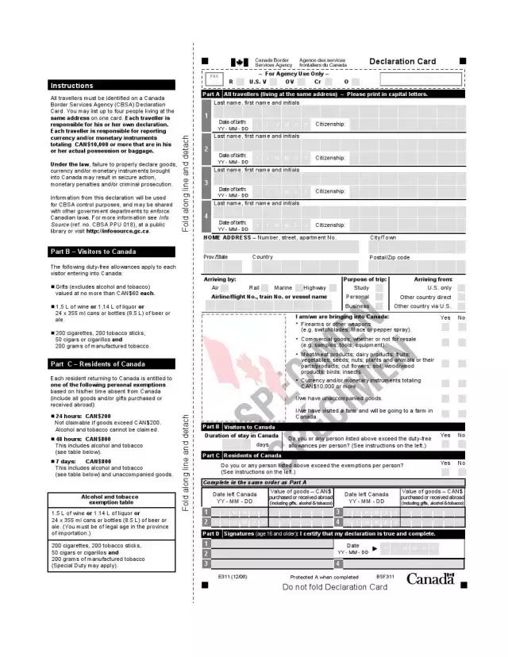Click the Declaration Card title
click(402, 61)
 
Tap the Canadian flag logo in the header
click(239, 62)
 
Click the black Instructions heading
click(111, 85)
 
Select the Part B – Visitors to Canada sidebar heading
click(111, 252)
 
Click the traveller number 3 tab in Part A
click(206, 183)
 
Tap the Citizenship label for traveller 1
click(330, 125)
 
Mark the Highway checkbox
click(332, 287)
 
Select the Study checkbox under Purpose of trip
click(379, 288)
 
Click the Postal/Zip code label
click(390, 257)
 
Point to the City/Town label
click(383, 237)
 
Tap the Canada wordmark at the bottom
click(431, 578)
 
